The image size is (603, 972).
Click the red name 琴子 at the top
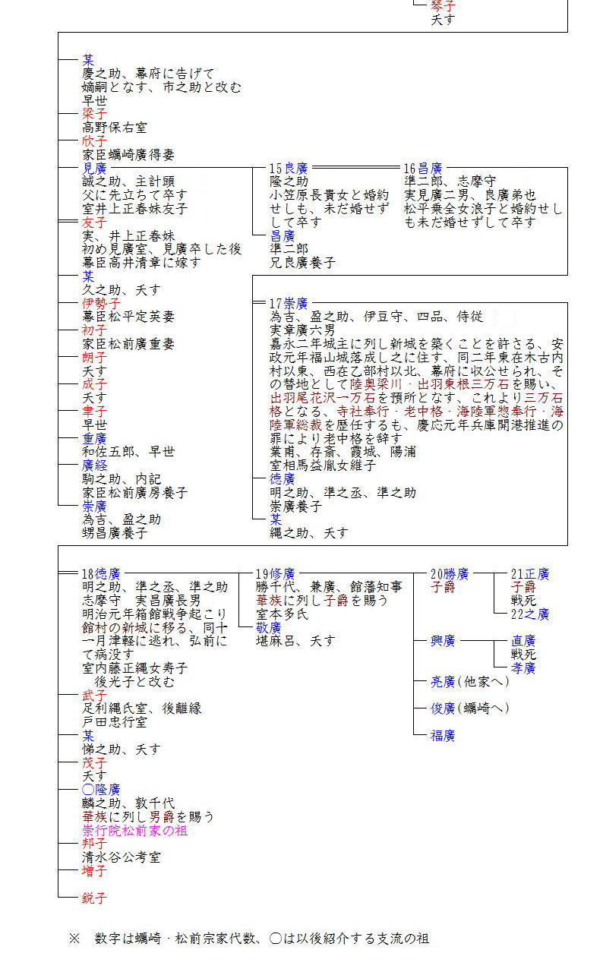pos(443,5)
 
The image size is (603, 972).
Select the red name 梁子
pos(95,113)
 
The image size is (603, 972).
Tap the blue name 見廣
pos(95,168)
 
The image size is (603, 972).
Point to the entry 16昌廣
pos(423,168)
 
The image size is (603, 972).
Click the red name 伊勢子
pos(101,303)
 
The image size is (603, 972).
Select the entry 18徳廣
pos(101,573)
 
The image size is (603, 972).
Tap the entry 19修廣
pos(275,573)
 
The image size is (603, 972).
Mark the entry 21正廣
pos(530,573)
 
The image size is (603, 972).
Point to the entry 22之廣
pos(530,614)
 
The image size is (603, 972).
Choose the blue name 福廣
pos(443,735)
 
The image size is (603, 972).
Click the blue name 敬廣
pos(269,627)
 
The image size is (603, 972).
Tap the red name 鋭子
pos(95,898)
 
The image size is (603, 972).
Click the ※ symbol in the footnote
pos(74,939)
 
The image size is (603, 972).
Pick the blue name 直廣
pos(523,641)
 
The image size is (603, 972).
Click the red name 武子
pos(95,695)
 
